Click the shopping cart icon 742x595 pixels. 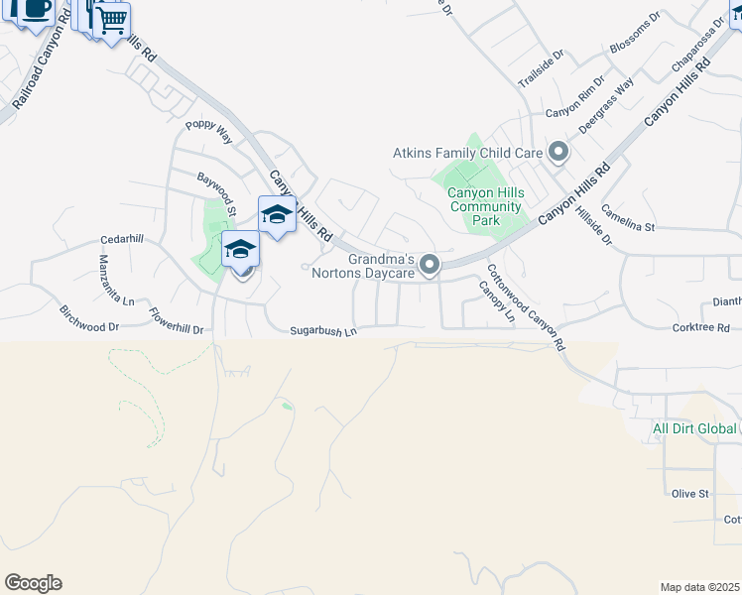113,19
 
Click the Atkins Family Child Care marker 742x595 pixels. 557,153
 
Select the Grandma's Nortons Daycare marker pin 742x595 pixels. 430,265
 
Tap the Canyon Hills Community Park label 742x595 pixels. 484,206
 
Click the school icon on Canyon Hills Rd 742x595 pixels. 277,214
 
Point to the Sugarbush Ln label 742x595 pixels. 322,331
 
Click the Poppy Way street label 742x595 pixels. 208,132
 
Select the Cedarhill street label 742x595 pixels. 122,240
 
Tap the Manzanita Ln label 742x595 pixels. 108,279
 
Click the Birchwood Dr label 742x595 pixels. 89,318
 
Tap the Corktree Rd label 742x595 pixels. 700,327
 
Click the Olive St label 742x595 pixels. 689,493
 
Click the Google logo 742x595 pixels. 33,583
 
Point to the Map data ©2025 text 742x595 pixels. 699,587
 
